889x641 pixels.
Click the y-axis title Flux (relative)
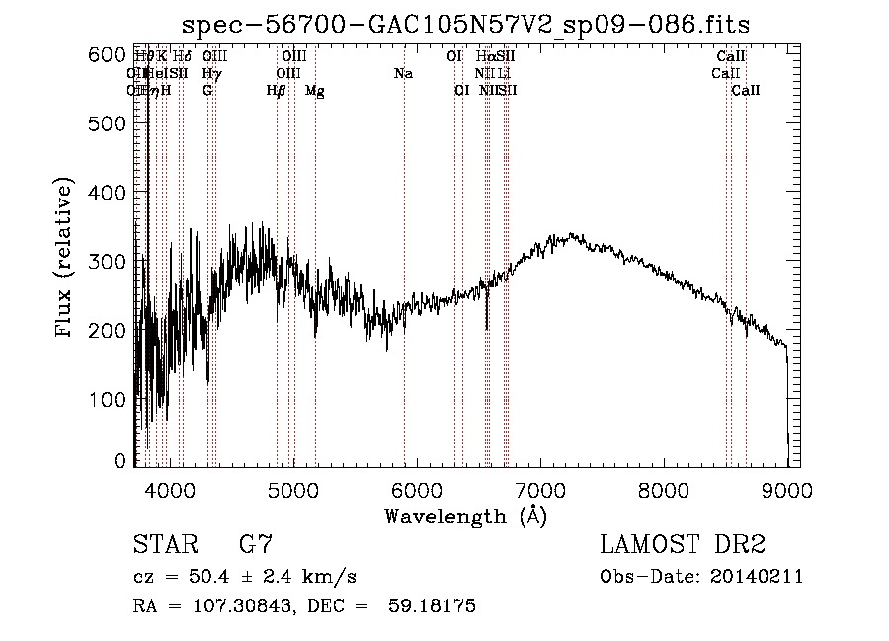(65, 260)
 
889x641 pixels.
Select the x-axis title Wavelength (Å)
(465, 515)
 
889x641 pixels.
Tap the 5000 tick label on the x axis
(293, 489)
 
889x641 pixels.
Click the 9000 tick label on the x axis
(787, 489)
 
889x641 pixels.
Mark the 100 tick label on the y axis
(110, 399)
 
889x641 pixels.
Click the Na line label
(403, 74)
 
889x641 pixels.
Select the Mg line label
(314, 91)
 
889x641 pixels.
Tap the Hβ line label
(277, 91)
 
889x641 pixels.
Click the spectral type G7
(256, 545)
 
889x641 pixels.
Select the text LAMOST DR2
(683, 545)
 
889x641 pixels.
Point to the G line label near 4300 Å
(207, 91)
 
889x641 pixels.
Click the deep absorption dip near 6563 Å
(487, 321)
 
